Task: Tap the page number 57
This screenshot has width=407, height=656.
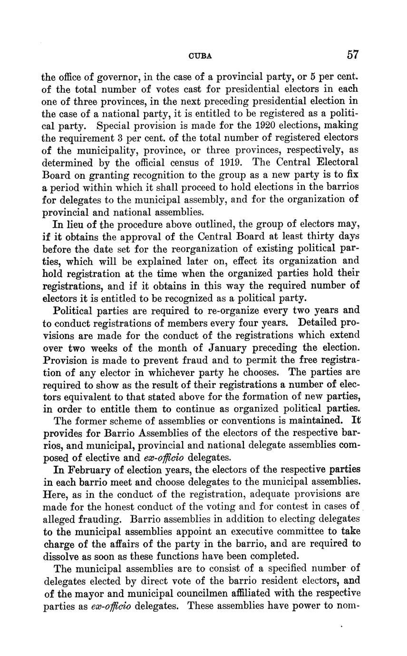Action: pos(352,55)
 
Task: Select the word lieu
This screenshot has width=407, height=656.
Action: pos(78,224)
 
